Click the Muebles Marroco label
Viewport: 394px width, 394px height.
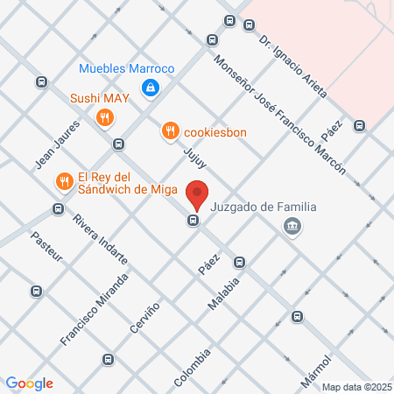pyautogui.click(x=127, y=68)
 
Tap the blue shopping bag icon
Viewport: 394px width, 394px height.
pyautogui.click(x=151, y=87)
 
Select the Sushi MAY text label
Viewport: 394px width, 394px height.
pyautogui.click(x=100, y=97)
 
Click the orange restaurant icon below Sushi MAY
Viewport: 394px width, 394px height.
pyautogui.click(x=105, y=117)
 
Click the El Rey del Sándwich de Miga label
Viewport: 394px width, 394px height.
pyautogui.click(x=128, y=182)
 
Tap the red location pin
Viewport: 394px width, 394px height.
pyautogui.click(x=199, y=193)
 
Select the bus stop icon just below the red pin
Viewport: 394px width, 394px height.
pyautogui.click(x=192, y=220)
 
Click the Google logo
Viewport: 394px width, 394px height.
pyautogui.click(x=29, y=383)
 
